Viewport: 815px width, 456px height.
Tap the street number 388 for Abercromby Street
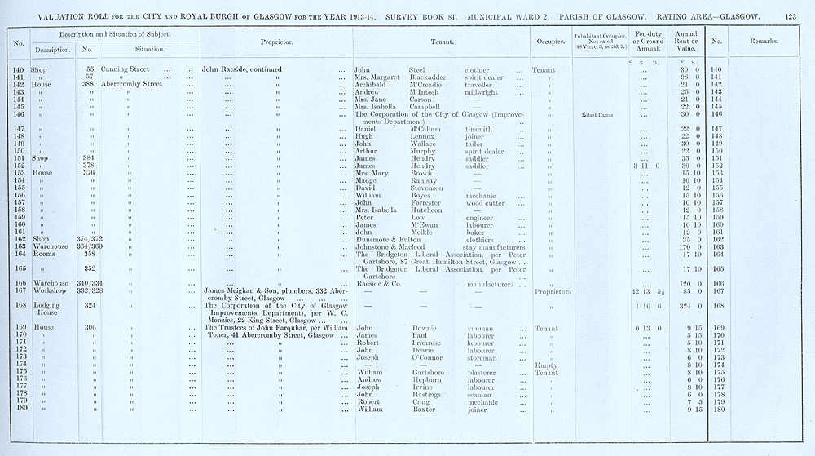tap(90, 84)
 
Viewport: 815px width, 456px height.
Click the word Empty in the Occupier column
tap(544, 365)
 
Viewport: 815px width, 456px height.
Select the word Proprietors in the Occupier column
tap(556, 291)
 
